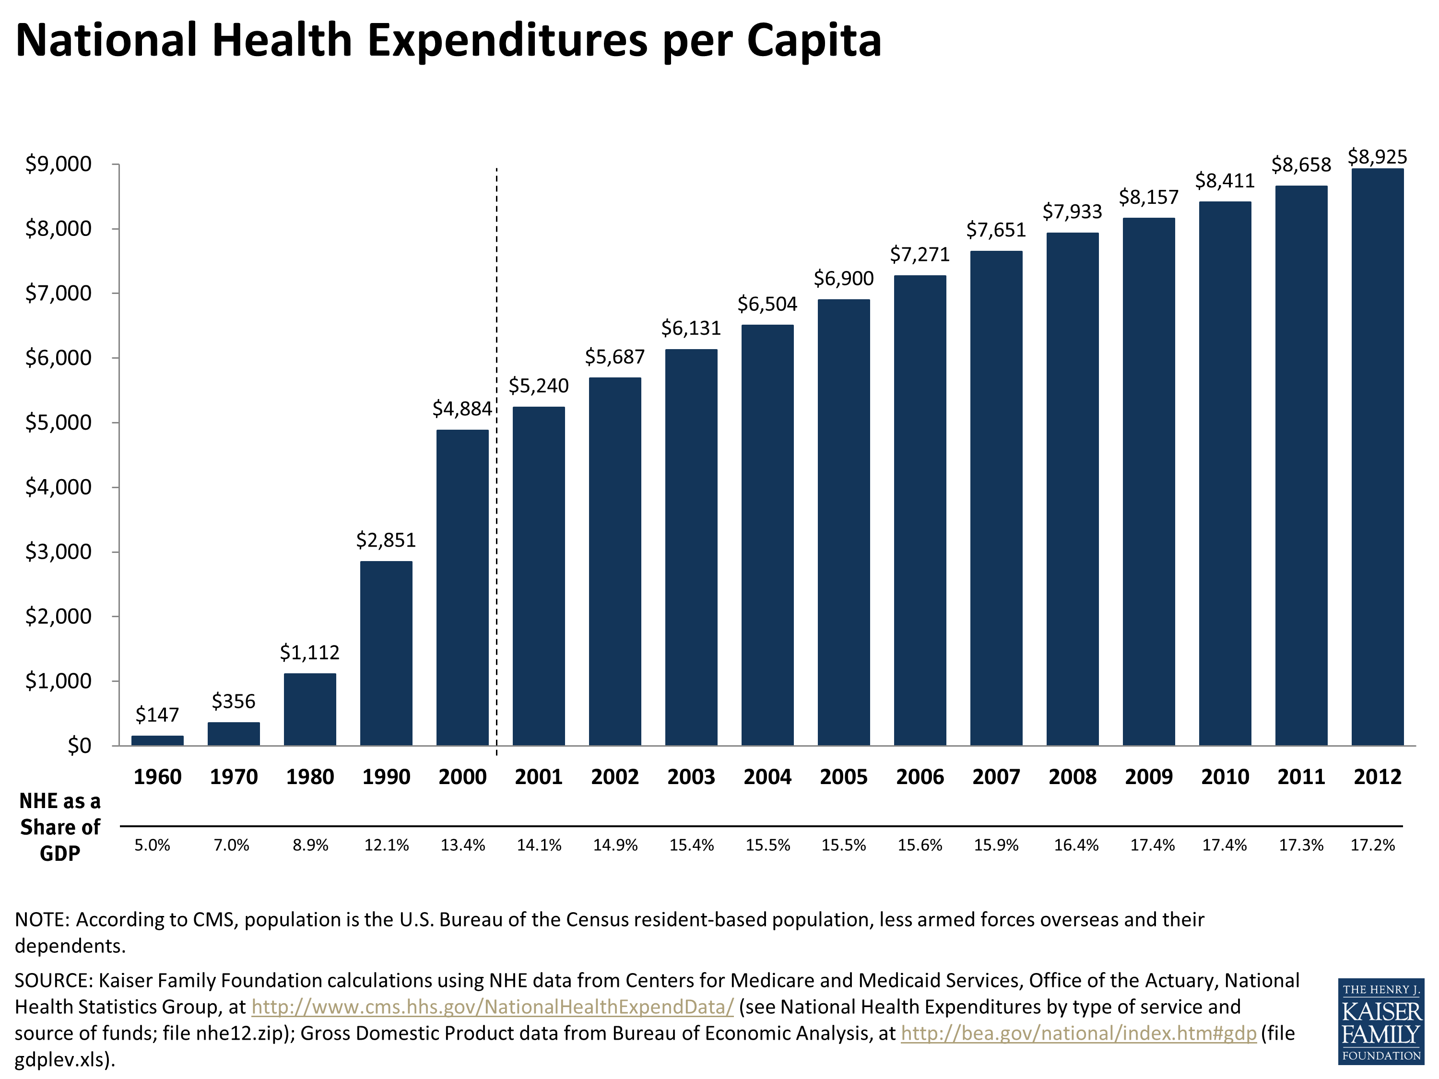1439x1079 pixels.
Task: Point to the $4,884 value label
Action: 462,409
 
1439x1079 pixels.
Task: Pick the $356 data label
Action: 234,701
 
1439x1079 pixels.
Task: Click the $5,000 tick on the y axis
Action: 59,423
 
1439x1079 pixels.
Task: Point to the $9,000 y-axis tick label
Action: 59,164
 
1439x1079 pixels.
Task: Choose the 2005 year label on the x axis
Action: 843,776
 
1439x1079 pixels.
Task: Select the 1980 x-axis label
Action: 310,776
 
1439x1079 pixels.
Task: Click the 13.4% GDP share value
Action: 462,845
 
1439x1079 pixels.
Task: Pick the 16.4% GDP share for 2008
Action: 1076,845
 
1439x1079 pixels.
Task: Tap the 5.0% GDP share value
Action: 152,845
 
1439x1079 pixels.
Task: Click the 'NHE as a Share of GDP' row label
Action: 60,827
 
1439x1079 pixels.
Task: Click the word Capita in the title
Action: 813,40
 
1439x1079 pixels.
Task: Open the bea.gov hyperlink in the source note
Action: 1078,1033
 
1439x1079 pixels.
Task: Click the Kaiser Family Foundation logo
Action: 1380,1021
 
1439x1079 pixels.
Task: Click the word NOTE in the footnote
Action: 41,920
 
